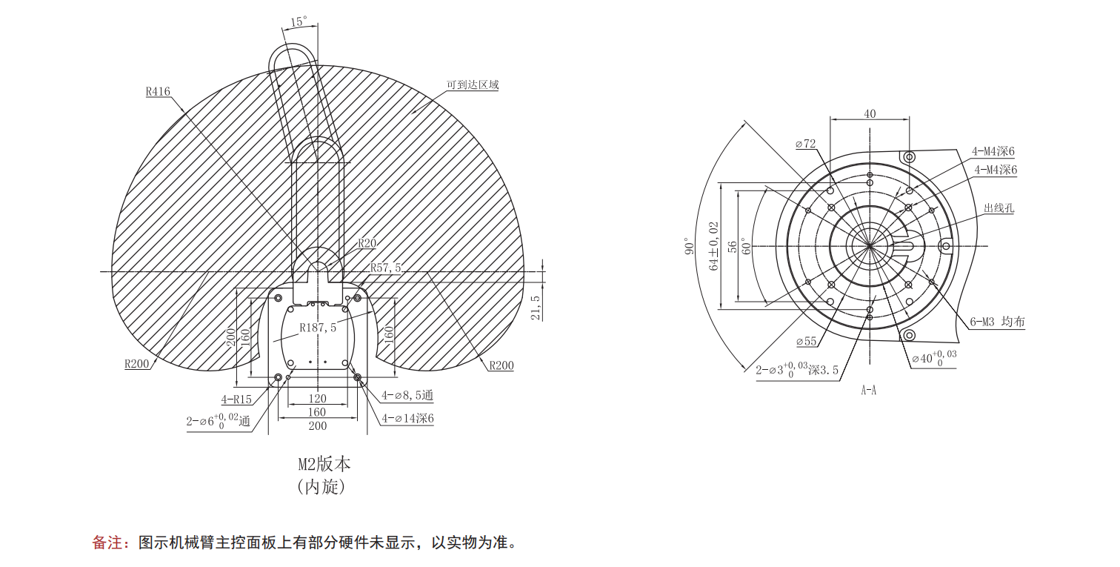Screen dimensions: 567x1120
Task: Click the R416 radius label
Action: [x=158, y=92]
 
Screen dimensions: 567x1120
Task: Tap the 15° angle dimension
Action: [x=299, y=22]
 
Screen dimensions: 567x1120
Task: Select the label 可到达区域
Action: [x=472, y=84]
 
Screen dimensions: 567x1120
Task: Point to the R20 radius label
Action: [x=367, y=243]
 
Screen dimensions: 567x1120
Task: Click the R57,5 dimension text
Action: [x=385, y=268]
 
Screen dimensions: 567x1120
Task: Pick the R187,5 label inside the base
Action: [x=318, y=327]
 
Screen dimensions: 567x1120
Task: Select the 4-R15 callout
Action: [x=236, y=399]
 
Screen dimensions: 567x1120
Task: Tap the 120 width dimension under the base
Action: [x=317, y=399]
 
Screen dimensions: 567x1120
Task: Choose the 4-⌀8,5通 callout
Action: [x=407, y=396]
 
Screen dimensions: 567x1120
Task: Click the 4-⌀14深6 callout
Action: [x=407, y=419]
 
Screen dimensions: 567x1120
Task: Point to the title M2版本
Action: [x=324, y=465]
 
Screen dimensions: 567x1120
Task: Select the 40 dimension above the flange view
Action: [x=870, y=113]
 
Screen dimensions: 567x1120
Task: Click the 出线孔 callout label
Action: [x=999, y=208]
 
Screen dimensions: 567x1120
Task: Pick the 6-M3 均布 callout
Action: [x=998, y=322]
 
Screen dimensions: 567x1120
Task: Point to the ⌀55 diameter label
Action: [x=806, y=342]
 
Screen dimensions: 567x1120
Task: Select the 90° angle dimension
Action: [x=688, y=247]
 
